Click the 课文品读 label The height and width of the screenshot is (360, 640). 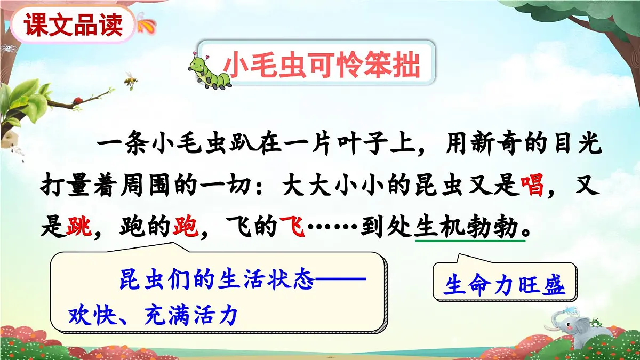pos(74,25)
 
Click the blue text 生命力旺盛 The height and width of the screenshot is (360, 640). pos(505,286)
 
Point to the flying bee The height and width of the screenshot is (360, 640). pos(130,79)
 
